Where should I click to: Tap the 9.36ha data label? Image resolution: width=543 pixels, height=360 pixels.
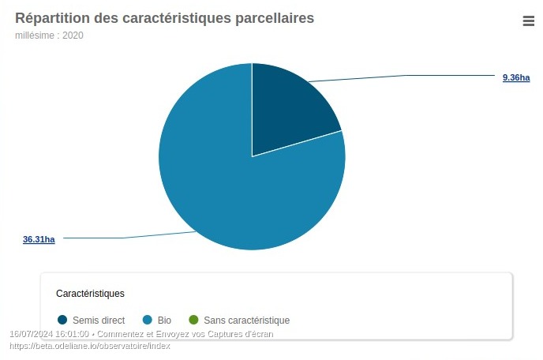click(x=516, y=77)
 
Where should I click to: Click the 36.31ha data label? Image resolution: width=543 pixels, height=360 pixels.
click(x=39, y=239)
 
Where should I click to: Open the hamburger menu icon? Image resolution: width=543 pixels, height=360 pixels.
click(x=529, y=21)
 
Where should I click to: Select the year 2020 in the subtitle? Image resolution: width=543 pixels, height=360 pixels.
click(x=72, y=36)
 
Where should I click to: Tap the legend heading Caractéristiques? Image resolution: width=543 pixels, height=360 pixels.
click(x=90, y=294)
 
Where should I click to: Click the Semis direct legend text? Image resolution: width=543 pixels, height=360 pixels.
click(x=99, y=321)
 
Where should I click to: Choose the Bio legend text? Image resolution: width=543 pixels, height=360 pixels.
click(x=164, y=321)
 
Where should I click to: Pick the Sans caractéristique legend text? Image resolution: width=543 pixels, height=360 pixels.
click(x=246, y=321)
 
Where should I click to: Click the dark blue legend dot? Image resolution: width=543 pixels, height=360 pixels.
click(x=62, y=321)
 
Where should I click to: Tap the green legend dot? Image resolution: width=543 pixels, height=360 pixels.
click(x=193, y=321)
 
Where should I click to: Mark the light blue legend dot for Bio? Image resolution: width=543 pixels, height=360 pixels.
click(x=147, y=321)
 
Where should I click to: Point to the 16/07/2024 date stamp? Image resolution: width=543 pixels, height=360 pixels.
click(x=30, y=335)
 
